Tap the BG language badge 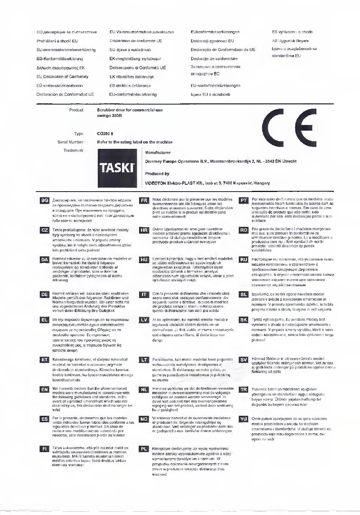(44, 200)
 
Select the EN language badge (44, 389)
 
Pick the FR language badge (144, 200)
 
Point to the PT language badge (244, 200)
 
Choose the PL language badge (144, 449)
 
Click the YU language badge (244, 419)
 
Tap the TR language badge (244, 389)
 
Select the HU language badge (144, 260)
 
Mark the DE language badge (44, 294)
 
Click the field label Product (76, 110)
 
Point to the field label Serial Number (70, 142)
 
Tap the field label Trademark (73, 150)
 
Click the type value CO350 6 (105, 134)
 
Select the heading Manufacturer (158, 153)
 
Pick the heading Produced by (157, 174)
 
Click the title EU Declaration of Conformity (63, 76)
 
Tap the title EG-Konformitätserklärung (59, 59)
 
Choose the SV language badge (244, 359)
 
